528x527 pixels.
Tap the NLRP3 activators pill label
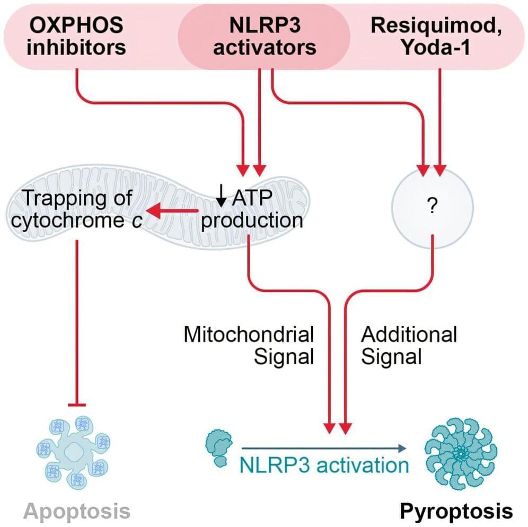click(263, 36)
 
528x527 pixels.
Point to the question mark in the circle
click(432, 207)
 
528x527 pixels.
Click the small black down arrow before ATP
click(222, 198)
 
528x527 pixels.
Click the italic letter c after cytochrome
click(137, 221)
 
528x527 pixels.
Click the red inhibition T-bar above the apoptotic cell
click(77, 405)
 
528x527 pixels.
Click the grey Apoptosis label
click(77, 512)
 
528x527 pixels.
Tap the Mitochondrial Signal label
click(249, 345)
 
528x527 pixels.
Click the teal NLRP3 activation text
click(324, 465)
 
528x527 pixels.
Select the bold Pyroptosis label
click(456, 512)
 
